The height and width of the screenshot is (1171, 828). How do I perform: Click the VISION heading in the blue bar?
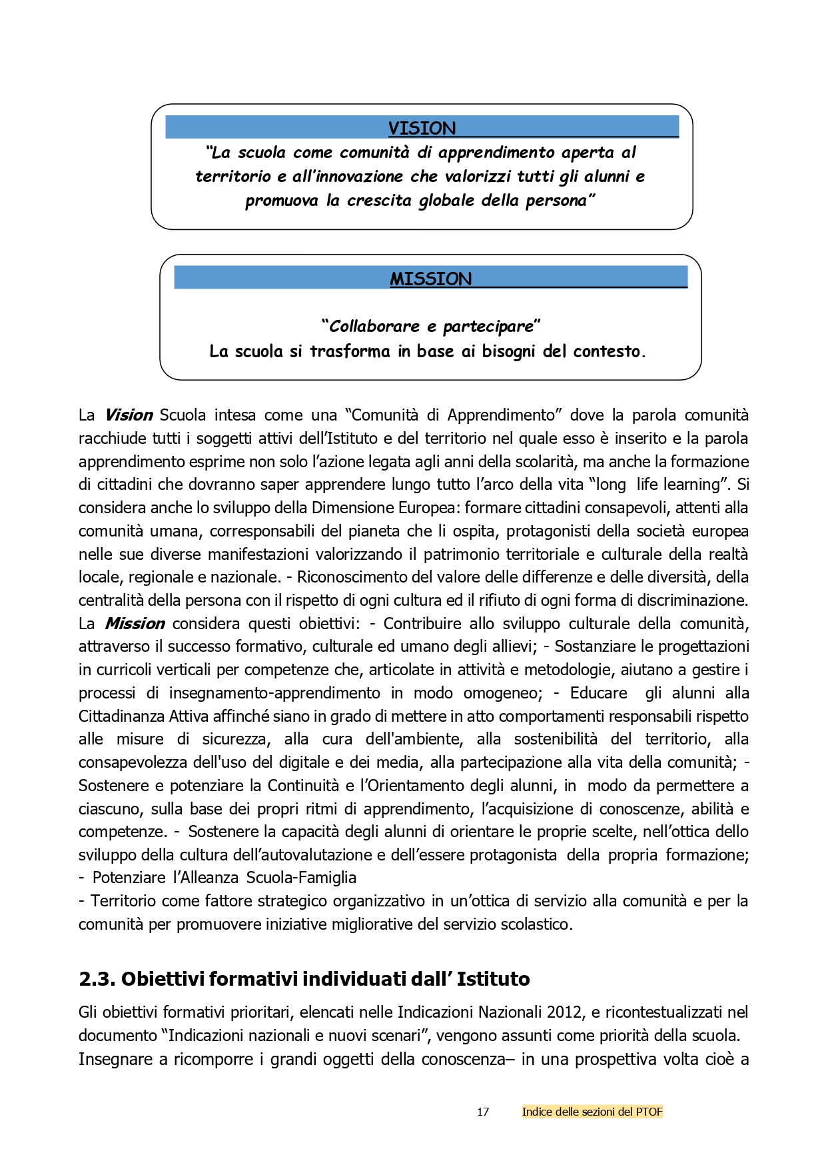click(x=422, y=128)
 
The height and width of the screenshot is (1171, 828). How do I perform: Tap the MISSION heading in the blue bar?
click(x=430, y=279)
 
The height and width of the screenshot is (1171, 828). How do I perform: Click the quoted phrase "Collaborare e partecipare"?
click(x=430, y=326)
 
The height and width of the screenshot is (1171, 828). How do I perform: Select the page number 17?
click(x=483, y=1112)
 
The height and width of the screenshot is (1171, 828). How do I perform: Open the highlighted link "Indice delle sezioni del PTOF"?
click(x=592, y=1112)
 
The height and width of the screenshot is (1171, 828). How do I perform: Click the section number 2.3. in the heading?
click(x=97, y=979)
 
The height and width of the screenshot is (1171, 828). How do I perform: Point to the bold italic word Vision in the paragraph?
click(x=129, y=415)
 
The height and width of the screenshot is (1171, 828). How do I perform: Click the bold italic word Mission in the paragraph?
click(x=135, y=624)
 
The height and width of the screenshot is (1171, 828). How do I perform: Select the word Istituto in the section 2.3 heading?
click(x=493, y=979)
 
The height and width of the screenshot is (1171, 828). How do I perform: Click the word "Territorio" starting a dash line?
click(x=125, y=901)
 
